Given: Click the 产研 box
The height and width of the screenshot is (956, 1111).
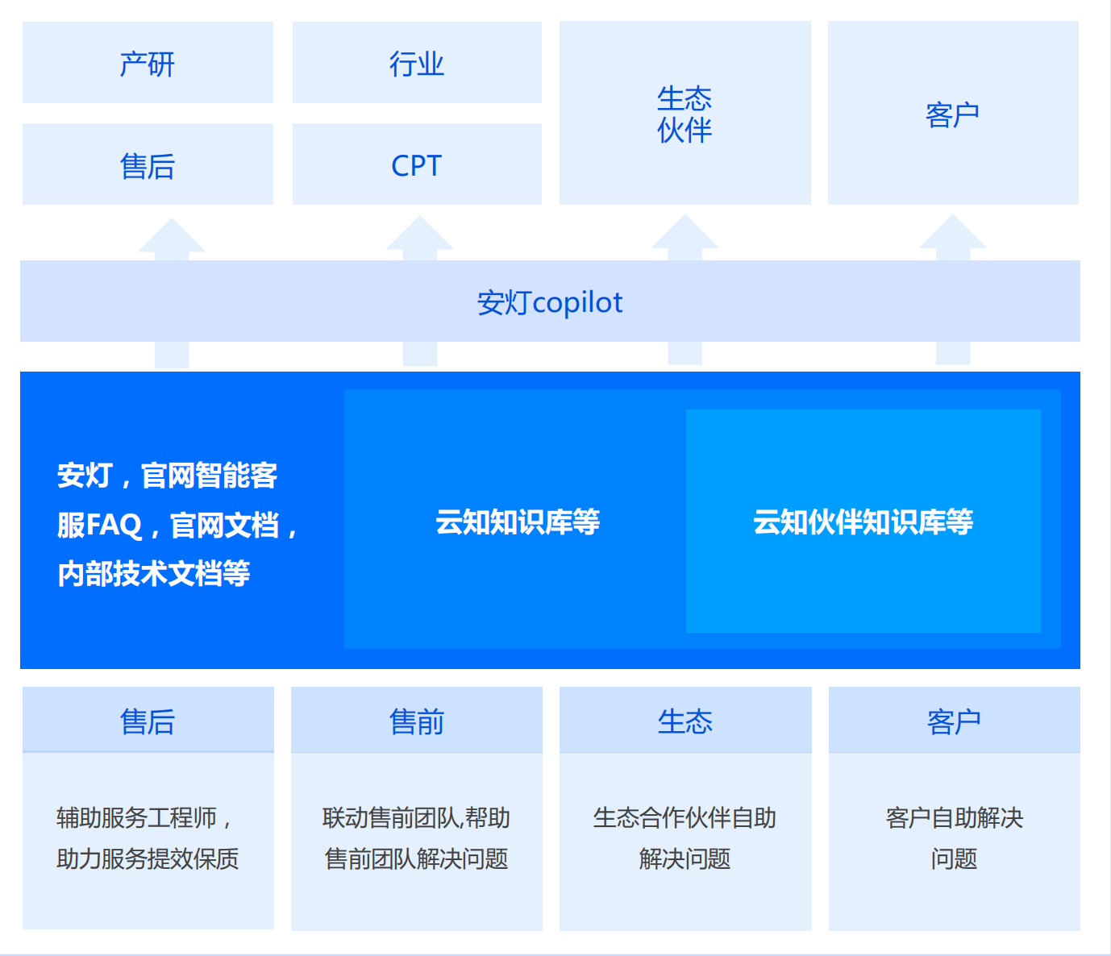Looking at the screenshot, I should point(148,63).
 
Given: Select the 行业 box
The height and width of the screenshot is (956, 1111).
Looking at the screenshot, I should point(417,63).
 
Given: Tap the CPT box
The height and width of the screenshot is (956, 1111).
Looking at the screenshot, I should point(417,164).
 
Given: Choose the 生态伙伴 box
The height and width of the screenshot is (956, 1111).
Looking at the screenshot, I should point(684,114).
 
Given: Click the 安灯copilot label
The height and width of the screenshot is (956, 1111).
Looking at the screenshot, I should point(550,302).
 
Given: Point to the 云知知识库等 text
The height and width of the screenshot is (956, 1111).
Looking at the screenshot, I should point(518,522).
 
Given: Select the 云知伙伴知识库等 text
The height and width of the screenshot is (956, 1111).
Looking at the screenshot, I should point(863,522).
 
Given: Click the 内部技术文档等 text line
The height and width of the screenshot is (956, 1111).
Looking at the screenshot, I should point(153,573).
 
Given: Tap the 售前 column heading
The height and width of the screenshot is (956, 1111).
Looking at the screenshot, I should point(417,721).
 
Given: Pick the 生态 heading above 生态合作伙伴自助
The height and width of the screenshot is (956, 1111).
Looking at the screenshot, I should point(684,721).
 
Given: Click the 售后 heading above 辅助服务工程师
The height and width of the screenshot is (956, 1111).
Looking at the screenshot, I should point(148,721).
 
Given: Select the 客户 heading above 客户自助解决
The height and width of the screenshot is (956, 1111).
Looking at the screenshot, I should point(954,721).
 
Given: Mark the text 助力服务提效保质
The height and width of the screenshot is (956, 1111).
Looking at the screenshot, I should point(148,858).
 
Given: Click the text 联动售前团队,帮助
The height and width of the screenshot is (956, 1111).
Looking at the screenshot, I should point(417,817).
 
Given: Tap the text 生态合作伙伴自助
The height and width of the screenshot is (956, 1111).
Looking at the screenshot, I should point(684,817).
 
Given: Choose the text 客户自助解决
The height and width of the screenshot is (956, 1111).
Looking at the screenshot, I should point(954,817).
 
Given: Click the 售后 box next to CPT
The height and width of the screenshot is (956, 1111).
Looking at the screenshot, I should point(148,164).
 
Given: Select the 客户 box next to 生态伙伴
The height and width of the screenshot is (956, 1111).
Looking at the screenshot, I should point(953,114).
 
